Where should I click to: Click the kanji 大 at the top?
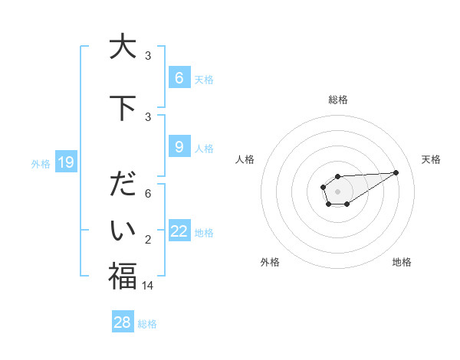(122, 47)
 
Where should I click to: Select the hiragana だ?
(122, 186)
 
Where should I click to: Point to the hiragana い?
(122, 229)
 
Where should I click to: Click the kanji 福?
(122, 276)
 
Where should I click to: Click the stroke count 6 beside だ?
(149, 194)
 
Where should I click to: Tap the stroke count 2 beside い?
(149, 240)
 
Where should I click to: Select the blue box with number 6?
(179, 78)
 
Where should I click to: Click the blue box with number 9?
(179, 147)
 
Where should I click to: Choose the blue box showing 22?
(179, 231)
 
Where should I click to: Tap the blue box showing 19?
(66, 162)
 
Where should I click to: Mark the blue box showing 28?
(123, 322)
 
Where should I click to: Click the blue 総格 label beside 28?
(147, 324)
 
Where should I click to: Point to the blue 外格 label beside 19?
(41, 163)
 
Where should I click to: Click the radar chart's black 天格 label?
(432, 159)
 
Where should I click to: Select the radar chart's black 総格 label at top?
(337, 100)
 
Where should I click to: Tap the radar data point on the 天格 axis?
(396, 172)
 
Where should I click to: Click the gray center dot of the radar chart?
(337, 190)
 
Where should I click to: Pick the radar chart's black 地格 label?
(402, 262)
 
